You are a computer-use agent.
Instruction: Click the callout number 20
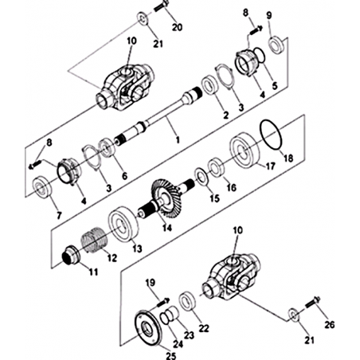[x=178, y=27]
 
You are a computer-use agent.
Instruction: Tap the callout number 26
[x=329, y=324]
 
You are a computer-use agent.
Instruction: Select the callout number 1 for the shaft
[x=178, y=139]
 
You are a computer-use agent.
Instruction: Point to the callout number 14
[x=167, y=228]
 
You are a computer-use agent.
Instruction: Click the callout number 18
[x=288, y=158]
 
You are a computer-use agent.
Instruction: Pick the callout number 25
[x=171, y=355]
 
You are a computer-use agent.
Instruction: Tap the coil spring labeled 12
[x=93, y=240]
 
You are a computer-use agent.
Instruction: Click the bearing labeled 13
[x=123, y=224]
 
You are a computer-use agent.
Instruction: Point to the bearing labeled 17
[x=245, y=151]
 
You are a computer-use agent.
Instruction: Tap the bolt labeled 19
[x=164, y=302]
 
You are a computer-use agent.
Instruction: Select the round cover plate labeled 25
[x=147, y=327]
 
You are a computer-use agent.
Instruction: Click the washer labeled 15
[x=202, y=177]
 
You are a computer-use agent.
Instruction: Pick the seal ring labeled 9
[x=276, y=44]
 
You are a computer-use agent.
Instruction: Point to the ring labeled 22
[x=188, y=301]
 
